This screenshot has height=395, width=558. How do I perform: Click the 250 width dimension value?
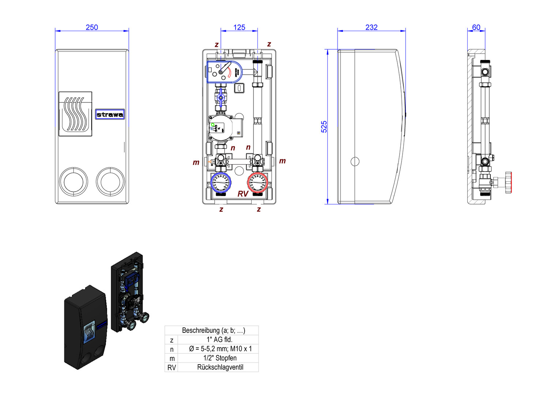(92, 27)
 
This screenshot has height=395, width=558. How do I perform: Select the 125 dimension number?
(239, 27)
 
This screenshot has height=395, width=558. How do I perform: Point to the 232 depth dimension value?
(371, 27)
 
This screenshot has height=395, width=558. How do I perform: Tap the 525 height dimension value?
(324, 127)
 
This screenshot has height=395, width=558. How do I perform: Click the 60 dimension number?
(476, 27)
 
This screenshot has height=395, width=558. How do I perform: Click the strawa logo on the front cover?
(110, 114)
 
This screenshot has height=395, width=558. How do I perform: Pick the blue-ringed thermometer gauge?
(221, 183)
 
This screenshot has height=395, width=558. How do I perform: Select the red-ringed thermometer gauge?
(258, 183)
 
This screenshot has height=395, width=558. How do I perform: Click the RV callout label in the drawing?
(243, 193)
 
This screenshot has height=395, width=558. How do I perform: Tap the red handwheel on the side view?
(508, 182)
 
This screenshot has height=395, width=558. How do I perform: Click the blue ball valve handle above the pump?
(220, 98)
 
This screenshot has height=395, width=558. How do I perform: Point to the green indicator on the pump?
(212, 125)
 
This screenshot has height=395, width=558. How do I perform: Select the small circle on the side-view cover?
(355, 161)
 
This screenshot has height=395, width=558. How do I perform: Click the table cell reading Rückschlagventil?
(220, 367)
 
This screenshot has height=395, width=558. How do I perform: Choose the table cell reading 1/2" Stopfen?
(220, 358)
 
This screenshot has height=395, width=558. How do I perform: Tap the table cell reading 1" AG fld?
(219, 339)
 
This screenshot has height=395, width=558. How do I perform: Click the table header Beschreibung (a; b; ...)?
(214, 330)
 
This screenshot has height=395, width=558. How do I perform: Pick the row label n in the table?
(171, 349)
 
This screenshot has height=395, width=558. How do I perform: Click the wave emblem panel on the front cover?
(75, 114)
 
